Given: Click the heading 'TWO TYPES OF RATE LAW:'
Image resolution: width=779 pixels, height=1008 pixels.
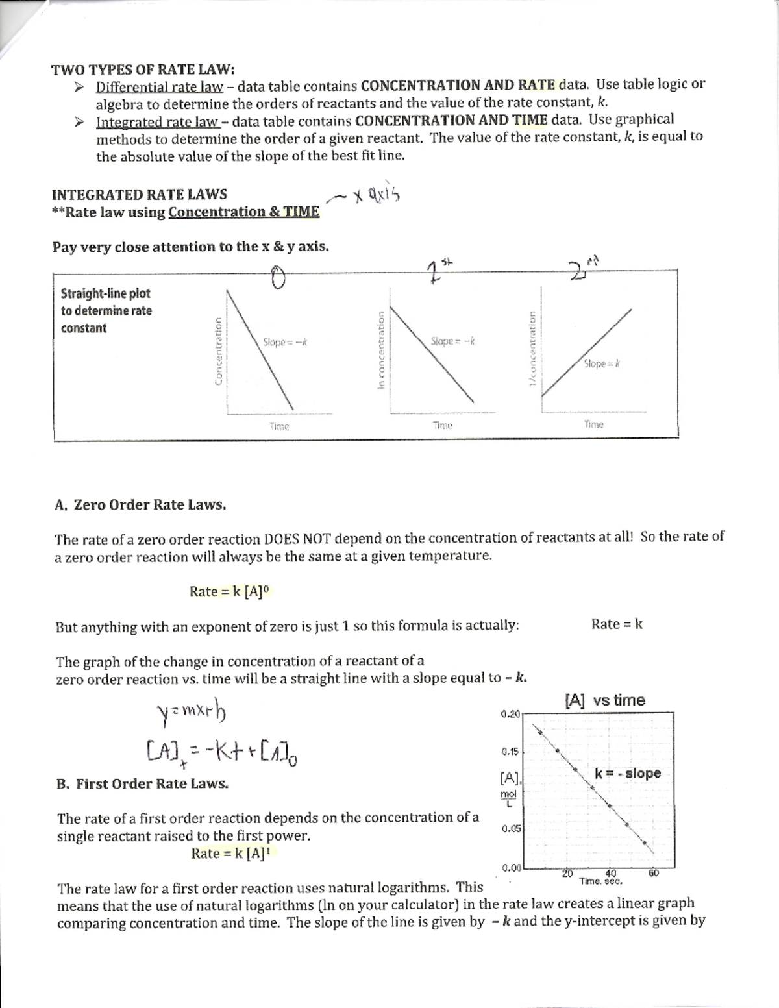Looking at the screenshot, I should click(143, 69).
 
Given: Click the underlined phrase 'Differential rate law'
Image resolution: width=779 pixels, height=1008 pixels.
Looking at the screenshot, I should click(159, 87).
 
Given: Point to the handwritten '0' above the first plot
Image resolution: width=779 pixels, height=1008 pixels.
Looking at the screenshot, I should click(278, 278).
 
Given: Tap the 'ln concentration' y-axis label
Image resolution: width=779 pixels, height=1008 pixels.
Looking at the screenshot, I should click(381, 350).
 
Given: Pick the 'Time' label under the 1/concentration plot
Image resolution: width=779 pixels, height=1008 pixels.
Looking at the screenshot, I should click(593, 424).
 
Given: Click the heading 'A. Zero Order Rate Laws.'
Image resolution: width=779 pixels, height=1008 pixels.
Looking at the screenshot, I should click(141, 505).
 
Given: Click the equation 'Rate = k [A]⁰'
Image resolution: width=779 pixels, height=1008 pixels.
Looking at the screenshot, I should click(229, 591).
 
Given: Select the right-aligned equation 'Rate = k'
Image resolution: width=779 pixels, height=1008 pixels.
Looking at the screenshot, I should click(617, 624).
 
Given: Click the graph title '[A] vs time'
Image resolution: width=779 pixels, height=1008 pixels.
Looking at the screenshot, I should click(604, 700).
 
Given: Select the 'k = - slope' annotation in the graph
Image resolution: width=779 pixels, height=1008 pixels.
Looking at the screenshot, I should click(627, 773).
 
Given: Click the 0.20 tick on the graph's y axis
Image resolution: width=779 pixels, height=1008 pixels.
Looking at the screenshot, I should click(510, 714).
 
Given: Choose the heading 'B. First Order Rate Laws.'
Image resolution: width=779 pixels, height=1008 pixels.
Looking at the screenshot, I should click(142, 784).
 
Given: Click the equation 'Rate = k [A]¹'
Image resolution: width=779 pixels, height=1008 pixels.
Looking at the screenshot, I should click(230, 854).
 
